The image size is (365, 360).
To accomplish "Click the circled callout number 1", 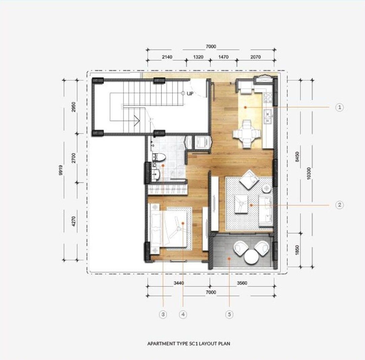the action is [x=340, y=107].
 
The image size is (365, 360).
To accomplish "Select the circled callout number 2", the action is [x=340, y=205].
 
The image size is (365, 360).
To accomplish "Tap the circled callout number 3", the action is [x=163, y=314].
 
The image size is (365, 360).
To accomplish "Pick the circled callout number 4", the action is [x=183, y=314].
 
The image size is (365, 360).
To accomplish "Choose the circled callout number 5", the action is [x=229, y=314].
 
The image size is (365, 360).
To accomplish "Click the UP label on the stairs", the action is [x=190, y=94].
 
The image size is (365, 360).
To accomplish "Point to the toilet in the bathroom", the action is [x=159, y=158].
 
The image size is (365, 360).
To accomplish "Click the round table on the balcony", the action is [x=251, y=257].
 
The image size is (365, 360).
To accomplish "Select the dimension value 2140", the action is [x=167, y=57].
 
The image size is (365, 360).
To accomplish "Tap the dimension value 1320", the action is [x=198, y=57].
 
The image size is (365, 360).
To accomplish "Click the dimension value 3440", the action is [x=179, y=283].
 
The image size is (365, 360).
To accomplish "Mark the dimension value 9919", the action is [x=61, y=170].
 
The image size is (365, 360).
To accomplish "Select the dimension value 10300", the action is [x=309, y=173].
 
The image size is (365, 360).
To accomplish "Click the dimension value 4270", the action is [x=73, y=221].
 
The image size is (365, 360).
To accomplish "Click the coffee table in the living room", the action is [x=241, y=204].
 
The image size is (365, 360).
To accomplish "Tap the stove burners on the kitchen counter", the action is [x=268, y=98].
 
